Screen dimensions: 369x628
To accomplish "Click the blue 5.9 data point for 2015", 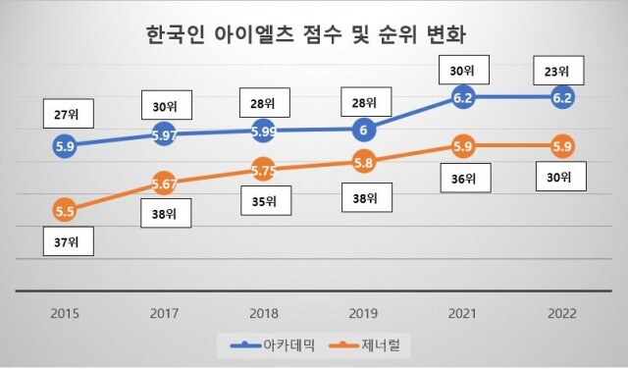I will pos(65,146).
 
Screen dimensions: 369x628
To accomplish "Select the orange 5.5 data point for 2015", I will pos(65,209).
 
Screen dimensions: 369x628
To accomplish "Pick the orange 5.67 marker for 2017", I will pos(165,183).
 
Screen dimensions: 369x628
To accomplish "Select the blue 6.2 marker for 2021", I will pos(463,98).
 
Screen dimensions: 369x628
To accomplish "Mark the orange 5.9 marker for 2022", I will pos(563,147).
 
